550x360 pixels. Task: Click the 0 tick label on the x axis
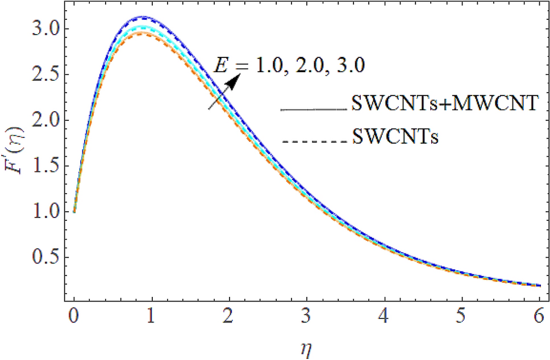73,315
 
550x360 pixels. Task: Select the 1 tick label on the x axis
151,315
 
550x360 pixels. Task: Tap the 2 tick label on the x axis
229,315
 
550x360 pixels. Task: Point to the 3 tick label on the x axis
307,315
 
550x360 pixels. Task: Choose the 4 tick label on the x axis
385,315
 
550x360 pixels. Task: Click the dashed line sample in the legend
314,138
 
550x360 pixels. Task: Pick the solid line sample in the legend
314,108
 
